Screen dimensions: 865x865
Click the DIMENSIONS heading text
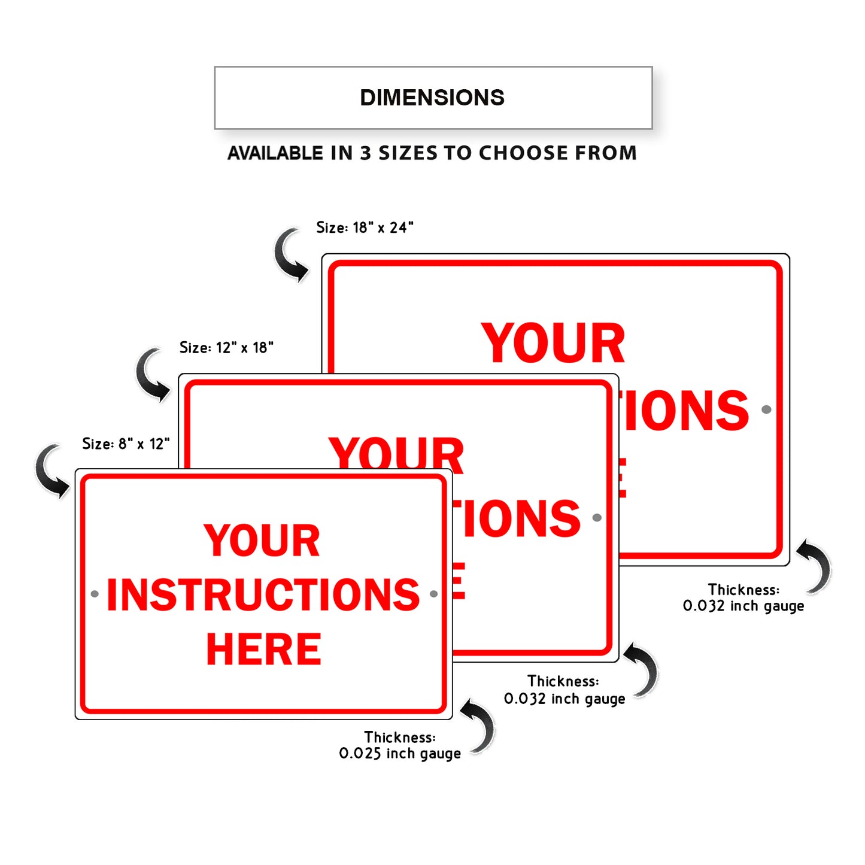(x=432, y=98)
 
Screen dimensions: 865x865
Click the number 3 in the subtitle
(x=365, y=153)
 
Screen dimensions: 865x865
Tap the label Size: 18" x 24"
(x=365, y=227)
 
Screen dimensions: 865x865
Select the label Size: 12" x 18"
(x=226, y=347)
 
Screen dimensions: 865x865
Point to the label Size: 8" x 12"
(x=126, y=444)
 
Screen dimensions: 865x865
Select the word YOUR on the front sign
(x=262, y=541)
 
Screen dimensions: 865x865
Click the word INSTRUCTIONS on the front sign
(x=263, y=594)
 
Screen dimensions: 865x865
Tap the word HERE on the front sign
(x=263, y=649)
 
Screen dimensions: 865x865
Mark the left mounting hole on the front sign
(x=95, y=594)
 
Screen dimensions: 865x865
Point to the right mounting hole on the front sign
(x=433, y=594)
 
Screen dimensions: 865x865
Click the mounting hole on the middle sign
(x=596, y=518)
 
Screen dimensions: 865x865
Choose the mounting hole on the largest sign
(x=766, y=409)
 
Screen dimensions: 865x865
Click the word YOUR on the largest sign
(x=553, y=344)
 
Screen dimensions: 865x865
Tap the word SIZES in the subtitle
(x=408, y=153)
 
